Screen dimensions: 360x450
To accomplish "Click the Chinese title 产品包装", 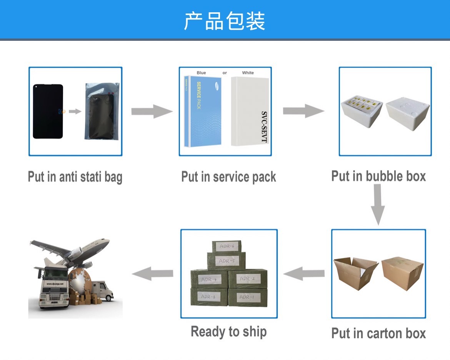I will [x=225, y=21].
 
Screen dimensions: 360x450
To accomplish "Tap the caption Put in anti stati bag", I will [x=75, y=177].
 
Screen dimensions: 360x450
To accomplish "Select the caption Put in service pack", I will [x=228, y=177].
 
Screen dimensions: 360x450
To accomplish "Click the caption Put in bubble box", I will [x=378, y=176].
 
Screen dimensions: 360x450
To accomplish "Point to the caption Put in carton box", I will [x=378, y=333].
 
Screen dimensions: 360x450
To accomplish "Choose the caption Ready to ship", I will [x=228, y=332].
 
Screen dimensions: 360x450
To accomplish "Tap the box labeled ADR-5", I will [x=226, y=261].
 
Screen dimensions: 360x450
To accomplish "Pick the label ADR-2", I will [x=247, y=278].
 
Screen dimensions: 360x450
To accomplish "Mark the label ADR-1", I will [x=247, y=297].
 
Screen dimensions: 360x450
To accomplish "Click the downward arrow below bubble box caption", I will [x=378, y=204].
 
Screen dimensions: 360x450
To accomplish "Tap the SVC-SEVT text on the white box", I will [x=264, y=127].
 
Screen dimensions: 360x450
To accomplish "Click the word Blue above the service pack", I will [x=201, y=73].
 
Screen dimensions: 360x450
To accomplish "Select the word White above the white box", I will [x=248, y=73].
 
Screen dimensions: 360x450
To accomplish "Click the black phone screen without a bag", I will [x=48, y=111].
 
